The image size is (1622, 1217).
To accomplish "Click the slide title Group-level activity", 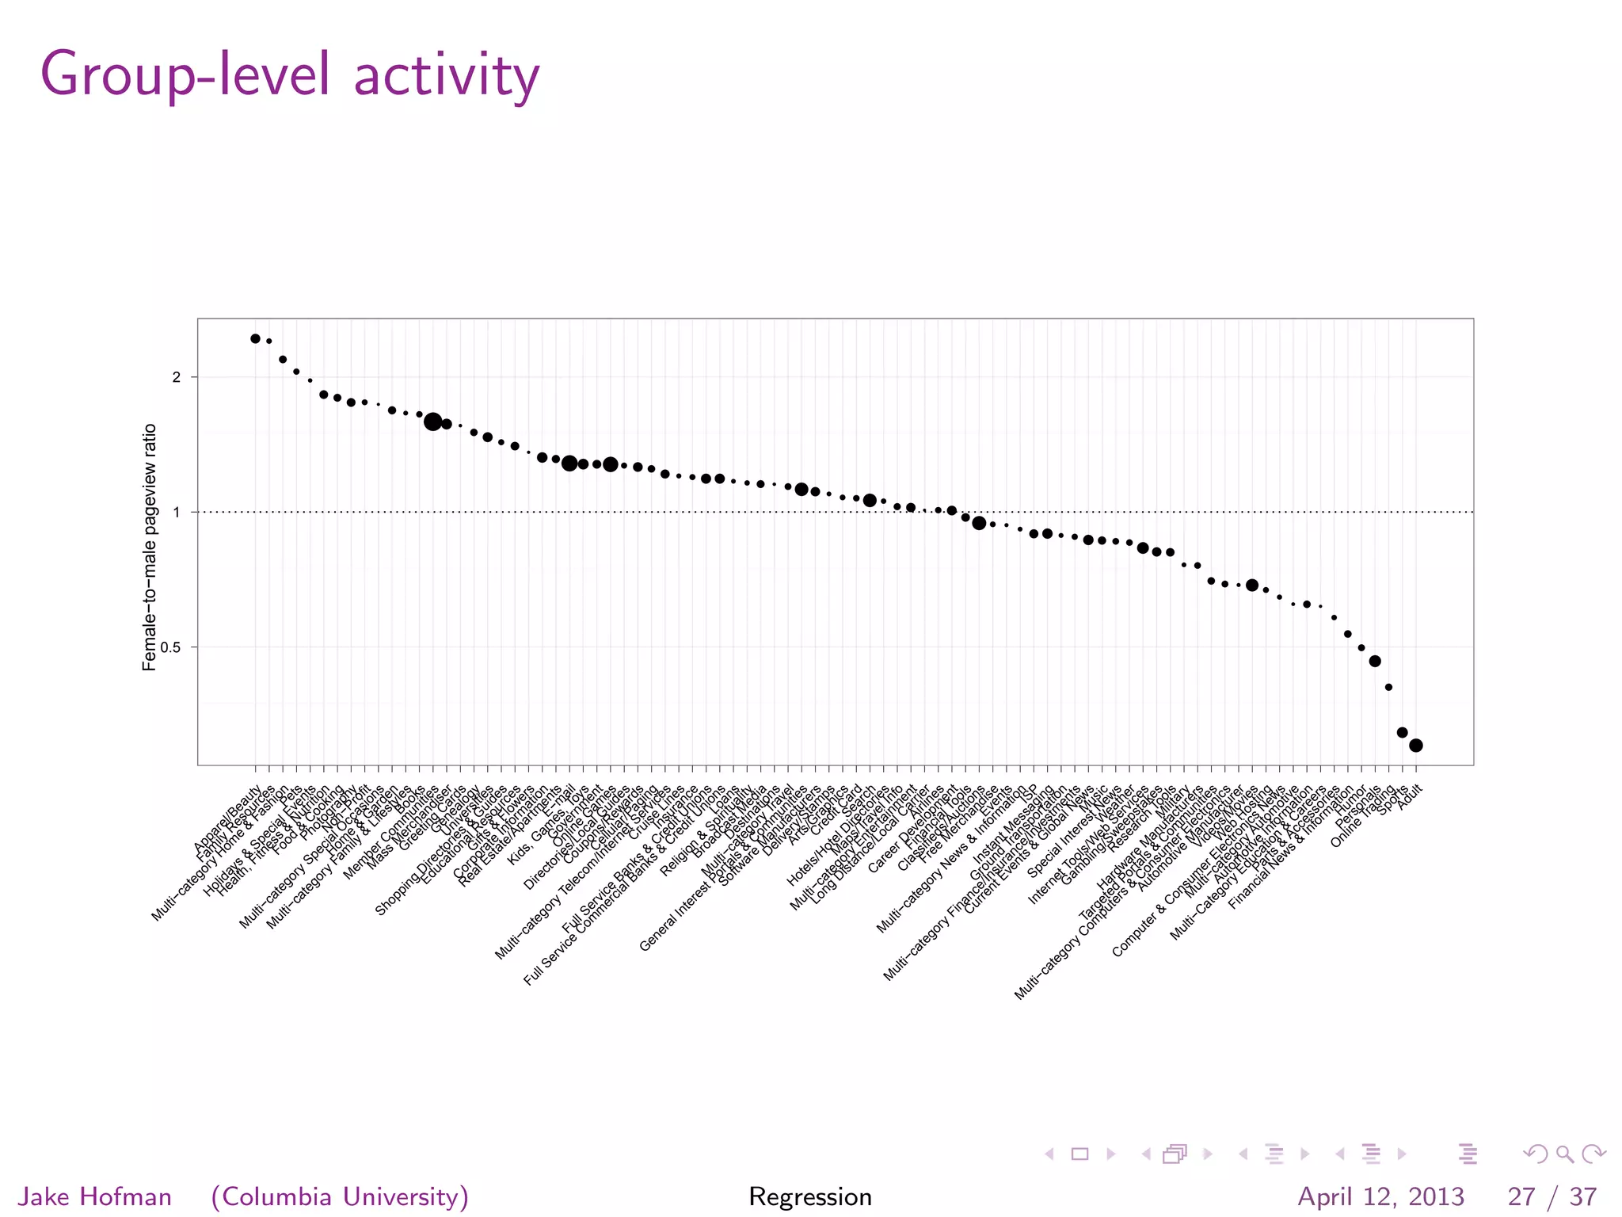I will coord(290,74).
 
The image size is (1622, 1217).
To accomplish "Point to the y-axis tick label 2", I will coord(176,377).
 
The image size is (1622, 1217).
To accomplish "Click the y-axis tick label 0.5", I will coord(170,647).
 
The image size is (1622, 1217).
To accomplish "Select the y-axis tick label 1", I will coord(176,512).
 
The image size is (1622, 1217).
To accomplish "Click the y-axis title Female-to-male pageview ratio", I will coord(149,547).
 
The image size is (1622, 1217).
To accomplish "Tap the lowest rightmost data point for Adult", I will coord(1416,745).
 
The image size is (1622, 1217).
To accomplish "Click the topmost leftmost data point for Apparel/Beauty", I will coord(255,338).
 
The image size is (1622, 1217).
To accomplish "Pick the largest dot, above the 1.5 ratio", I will coord(432,422).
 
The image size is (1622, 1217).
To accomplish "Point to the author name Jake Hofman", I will coord(94,1196).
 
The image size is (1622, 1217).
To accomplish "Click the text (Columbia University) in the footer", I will coord(340,1196).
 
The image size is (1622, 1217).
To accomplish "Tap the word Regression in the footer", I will coord(810,1196).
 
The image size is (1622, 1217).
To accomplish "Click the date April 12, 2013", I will coord(1381,1196).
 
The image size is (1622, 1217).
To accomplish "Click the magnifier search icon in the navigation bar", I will coord(1564,1154).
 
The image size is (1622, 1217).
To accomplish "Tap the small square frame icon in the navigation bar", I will coord(1079,1154).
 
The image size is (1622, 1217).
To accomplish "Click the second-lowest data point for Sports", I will coord(1402,732).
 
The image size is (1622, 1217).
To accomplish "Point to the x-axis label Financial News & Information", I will coord(1290,848).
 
